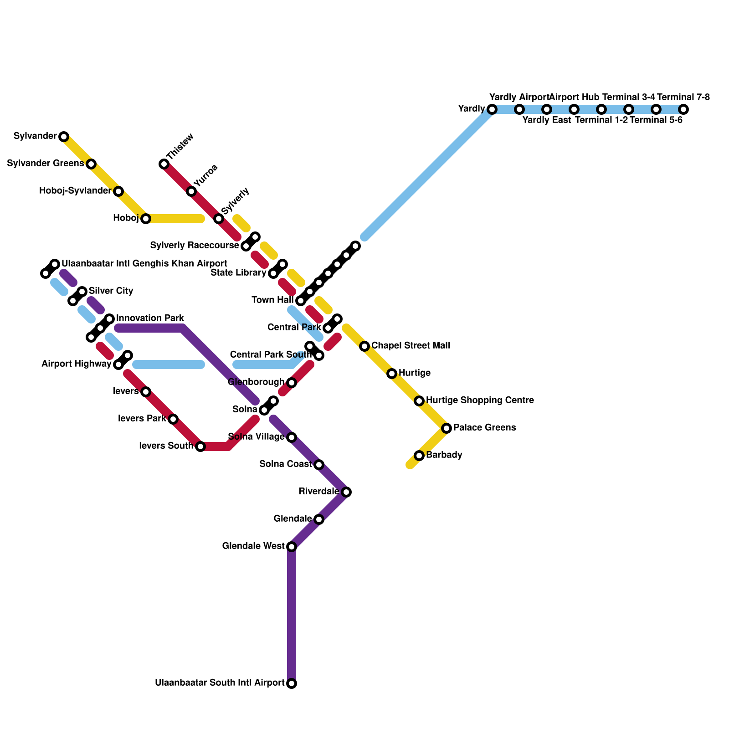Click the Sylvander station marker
coord(64,137)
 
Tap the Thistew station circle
coord(164,164)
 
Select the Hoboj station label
coord(126,218)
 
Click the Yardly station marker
coord(492,109)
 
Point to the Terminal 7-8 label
coord(683,97)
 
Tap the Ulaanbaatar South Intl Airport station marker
coord(292,683)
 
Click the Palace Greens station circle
coord(447,428)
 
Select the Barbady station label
coord(444,455)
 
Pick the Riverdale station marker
coord(346,492)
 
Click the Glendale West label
coord(253,546)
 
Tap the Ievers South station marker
coord(200,447)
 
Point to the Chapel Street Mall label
coord(411,346)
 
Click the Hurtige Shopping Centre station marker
coord(419,401)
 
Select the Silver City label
coord(111,291)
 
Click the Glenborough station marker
coord(292,383)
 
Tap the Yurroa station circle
coord(191,191)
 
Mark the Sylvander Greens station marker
coord(91,164)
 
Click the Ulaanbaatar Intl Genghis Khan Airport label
coord(144,264)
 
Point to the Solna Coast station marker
coord(319,465)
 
